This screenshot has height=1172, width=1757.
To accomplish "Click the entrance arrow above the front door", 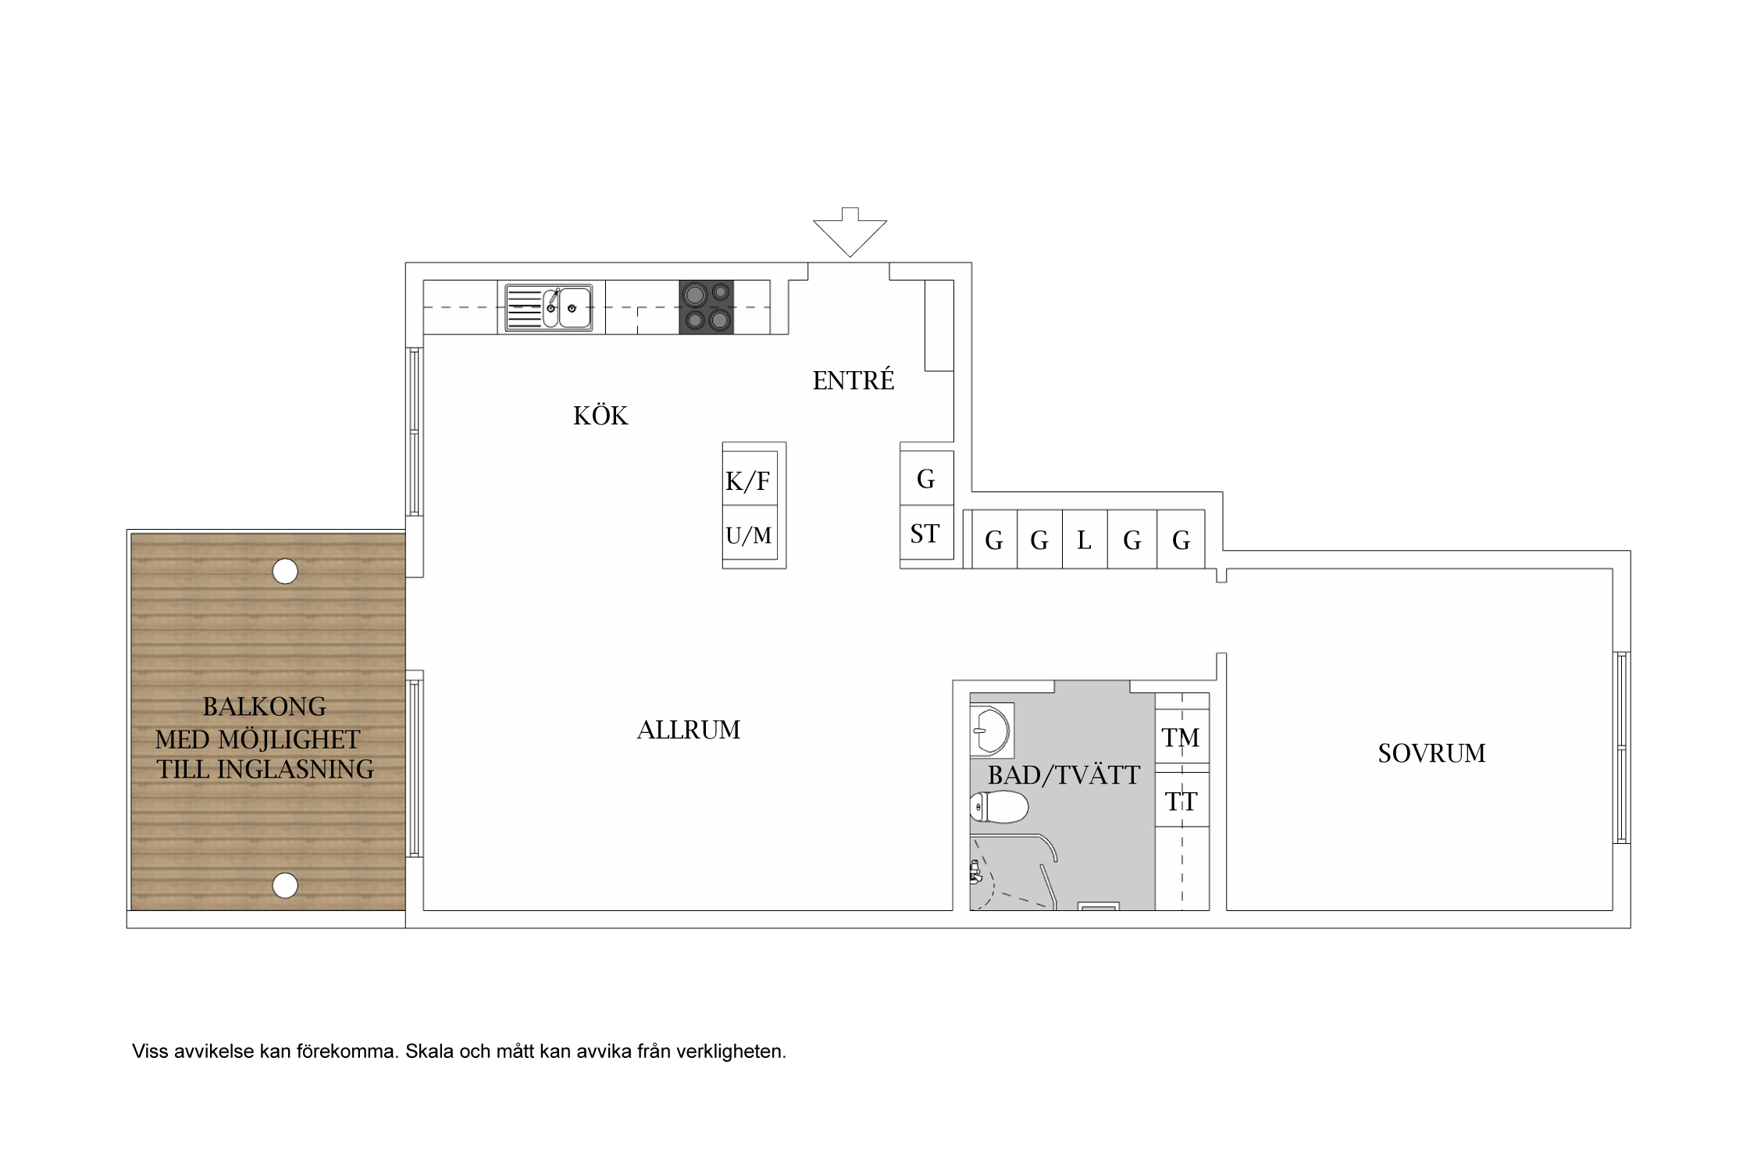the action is [x=850, y=233].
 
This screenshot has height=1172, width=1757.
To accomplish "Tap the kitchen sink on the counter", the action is [x=548, y=308].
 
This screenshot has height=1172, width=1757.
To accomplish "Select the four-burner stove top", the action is [x=707, y=307].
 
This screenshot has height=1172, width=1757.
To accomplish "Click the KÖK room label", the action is [x=601, y=416].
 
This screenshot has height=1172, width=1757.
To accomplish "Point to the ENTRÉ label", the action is [x=854, y=380].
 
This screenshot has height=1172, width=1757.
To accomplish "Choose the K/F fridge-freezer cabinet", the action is [x=750, y=478].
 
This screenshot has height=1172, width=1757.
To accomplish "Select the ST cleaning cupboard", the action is [x=927, y=533].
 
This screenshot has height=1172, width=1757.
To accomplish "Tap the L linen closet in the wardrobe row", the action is [x=1085, y=539].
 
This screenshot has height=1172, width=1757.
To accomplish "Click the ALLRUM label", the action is [x=689, y=730].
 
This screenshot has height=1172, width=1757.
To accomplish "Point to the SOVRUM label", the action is [x=1431, y=753].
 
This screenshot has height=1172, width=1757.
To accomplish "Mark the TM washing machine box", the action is [x=1182, y=737].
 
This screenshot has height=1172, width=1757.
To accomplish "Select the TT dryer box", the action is [x=1182, y=800].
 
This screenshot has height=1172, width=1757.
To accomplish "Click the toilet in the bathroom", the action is [x=999, y=807].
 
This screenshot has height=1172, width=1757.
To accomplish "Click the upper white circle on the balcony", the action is [x=285, y=571].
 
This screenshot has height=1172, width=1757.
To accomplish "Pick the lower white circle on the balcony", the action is [x=285, y=885].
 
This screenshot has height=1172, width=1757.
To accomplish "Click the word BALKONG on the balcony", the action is [x=265, y=706].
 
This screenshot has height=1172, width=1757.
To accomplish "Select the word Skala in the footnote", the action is [x=429, y=1051].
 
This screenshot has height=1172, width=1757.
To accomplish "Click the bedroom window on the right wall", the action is [x=1621, y=748].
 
